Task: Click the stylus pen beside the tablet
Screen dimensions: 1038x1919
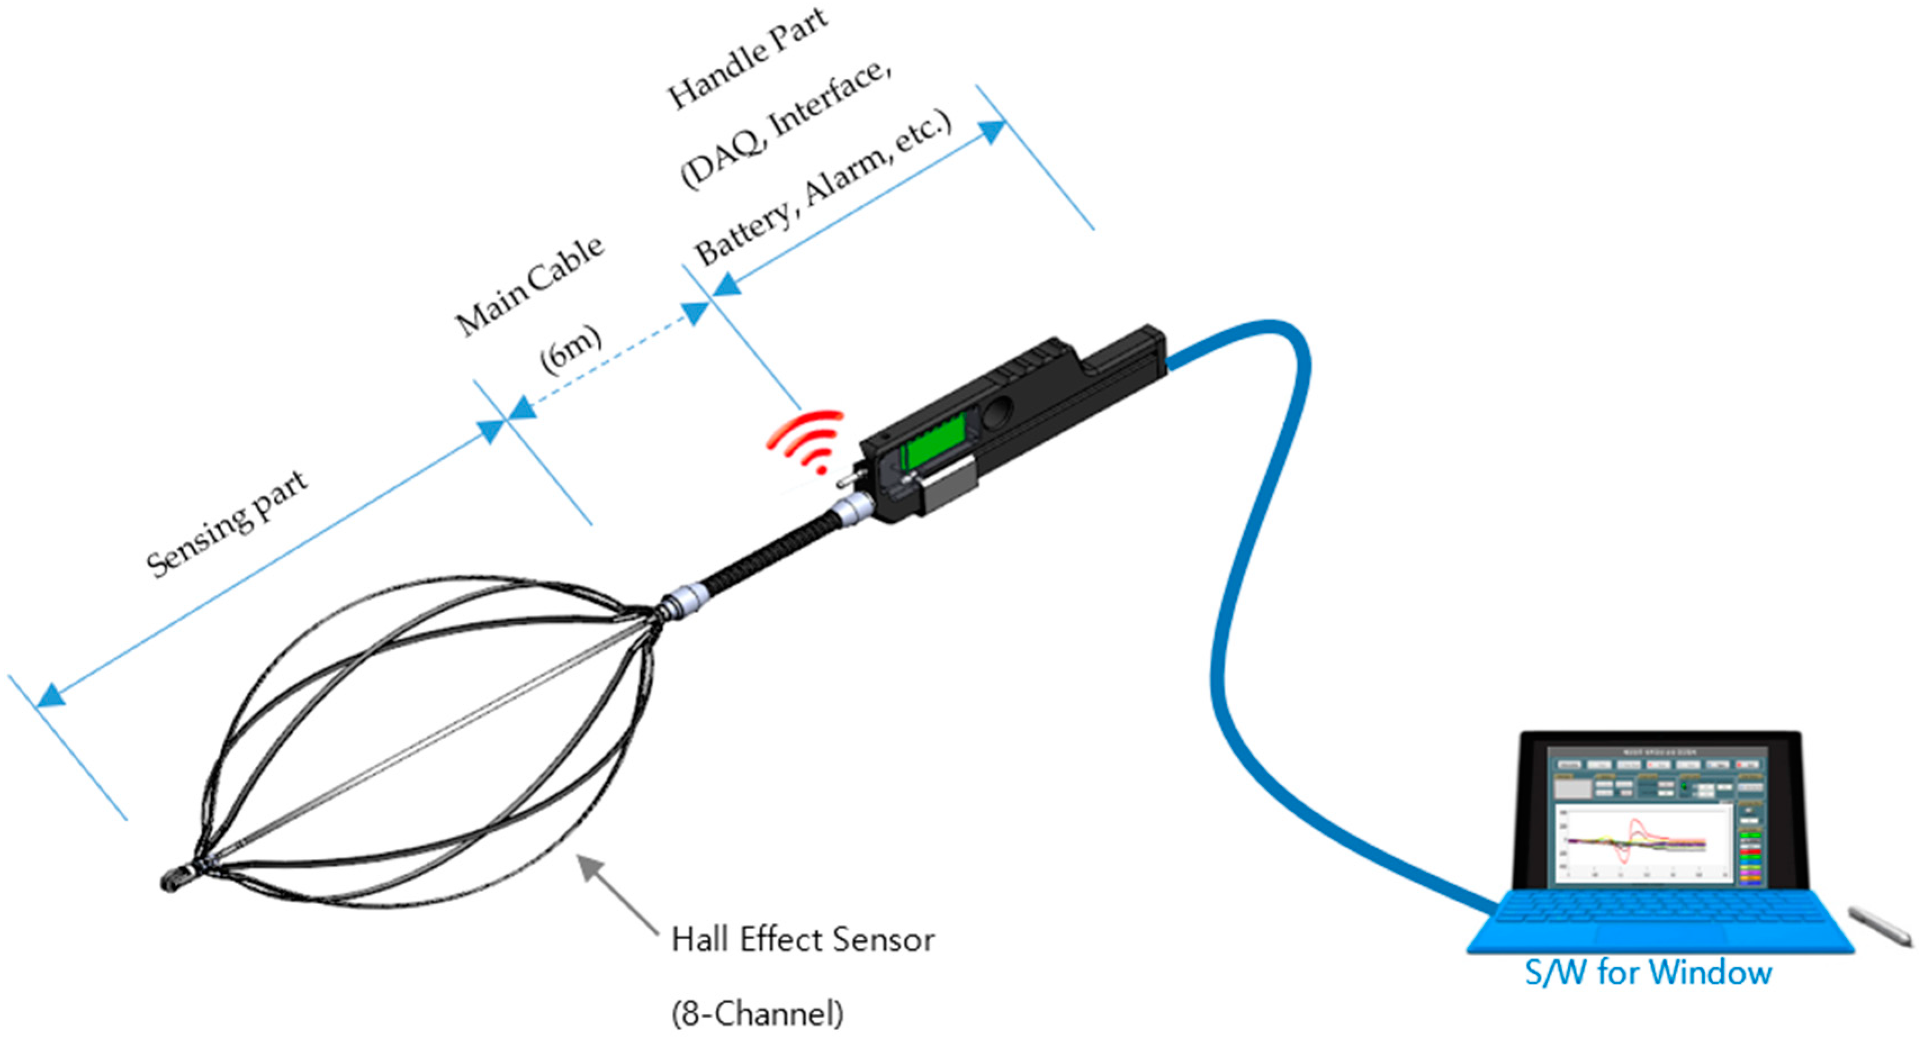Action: coord(1880,937)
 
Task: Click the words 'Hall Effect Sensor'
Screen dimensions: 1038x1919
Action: coord(803,940)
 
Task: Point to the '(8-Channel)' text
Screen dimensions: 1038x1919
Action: coord(757,1013)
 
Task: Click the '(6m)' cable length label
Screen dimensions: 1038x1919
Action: coord(570,350)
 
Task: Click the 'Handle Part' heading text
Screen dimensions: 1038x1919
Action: coord(747,57)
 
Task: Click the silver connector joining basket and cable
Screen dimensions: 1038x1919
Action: coord(684,600)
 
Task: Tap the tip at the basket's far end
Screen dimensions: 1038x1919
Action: coord(173,881)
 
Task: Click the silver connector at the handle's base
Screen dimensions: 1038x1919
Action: coord(849,513)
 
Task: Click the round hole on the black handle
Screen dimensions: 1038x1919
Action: coord(997,412)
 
